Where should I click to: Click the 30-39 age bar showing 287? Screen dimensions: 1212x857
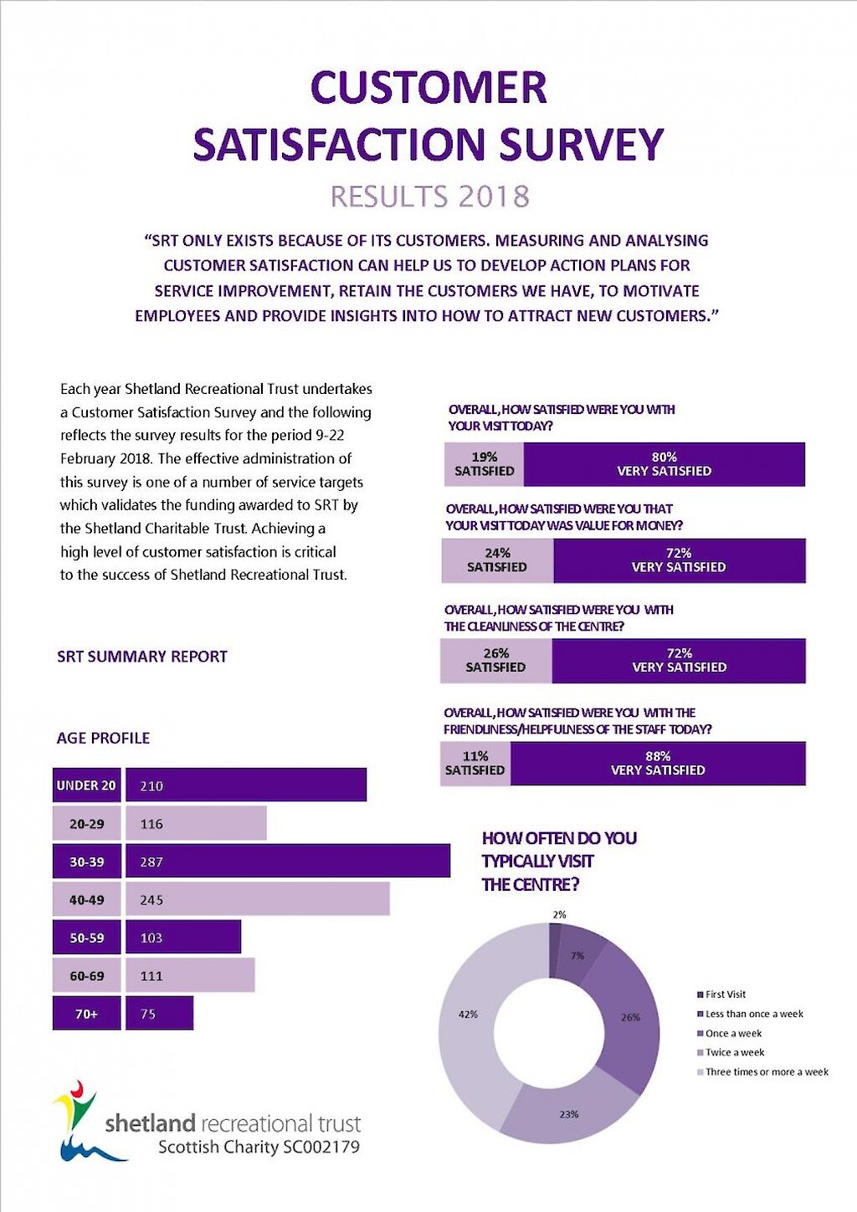click(287, 862)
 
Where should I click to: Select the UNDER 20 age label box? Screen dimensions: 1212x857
click(86, 785)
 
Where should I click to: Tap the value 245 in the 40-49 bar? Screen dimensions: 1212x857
click(151, 900)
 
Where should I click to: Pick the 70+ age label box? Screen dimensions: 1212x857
click(86, 1014)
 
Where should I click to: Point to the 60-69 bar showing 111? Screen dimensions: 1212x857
click(190, 975)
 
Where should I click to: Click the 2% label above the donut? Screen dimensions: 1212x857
click(559, 914)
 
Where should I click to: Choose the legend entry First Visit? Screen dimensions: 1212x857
click(725, 995)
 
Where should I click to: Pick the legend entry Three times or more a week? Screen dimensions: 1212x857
click(766, 1071)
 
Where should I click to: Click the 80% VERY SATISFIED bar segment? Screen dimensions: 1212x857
click(665, 464)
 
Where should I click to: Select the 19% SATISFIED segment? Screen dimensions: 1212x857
click(484, 464)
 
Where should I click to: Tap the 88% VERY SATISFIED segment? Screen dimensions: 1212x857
click(658, 763)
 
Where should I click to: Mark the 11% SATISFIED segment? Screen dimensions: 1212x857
click(475, 763)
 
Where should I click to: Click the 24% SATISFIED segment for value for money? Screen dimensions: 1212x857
click(497, 560)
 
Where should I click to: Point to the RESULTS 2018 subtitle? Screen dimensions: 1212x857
click(429, 197)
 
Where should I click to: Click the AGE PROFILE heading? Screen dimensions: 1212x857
click(103, 738)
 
